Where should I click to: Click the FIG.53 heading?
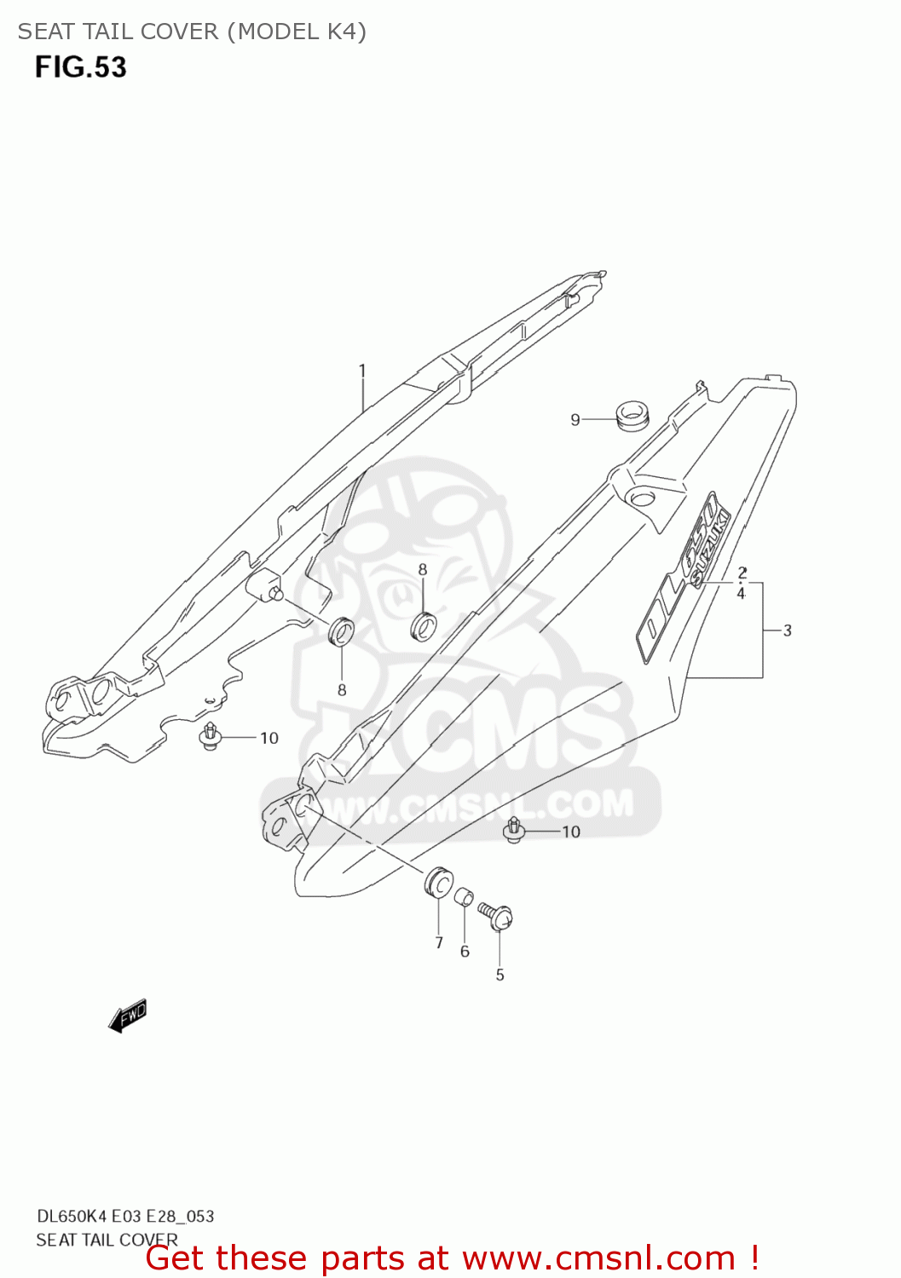coord(81,67)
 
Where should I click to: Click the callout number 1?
coord(362,371)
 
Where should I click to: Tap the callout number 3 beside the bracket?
coord(787,630)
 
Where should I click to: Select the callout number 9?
coord(575,419)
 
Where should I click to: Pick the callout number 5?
coord(500,975)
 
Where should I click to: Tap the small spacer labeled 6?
coord(463,898)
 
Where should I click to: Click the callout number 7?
coord(439,942)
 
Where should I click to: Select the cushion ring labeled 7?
coord(438,881)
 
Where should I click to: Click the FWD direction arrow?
coord(128,1016)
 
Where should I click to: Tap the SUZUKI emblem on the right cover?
coord(710,550)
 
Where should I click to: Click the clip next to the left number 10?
coord(210,736)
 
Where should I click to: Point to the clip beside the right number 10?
coord(514,830)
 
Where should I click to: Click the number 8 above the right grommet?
coord(423,569)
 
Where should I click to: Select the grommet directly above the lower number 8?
coord(342,631)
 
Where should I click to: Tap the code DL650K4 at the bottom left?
coord(72,1216)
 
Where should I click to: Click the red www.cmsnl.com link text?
coord(598,1258)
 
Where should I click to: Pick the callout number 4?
coord(741,593)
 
